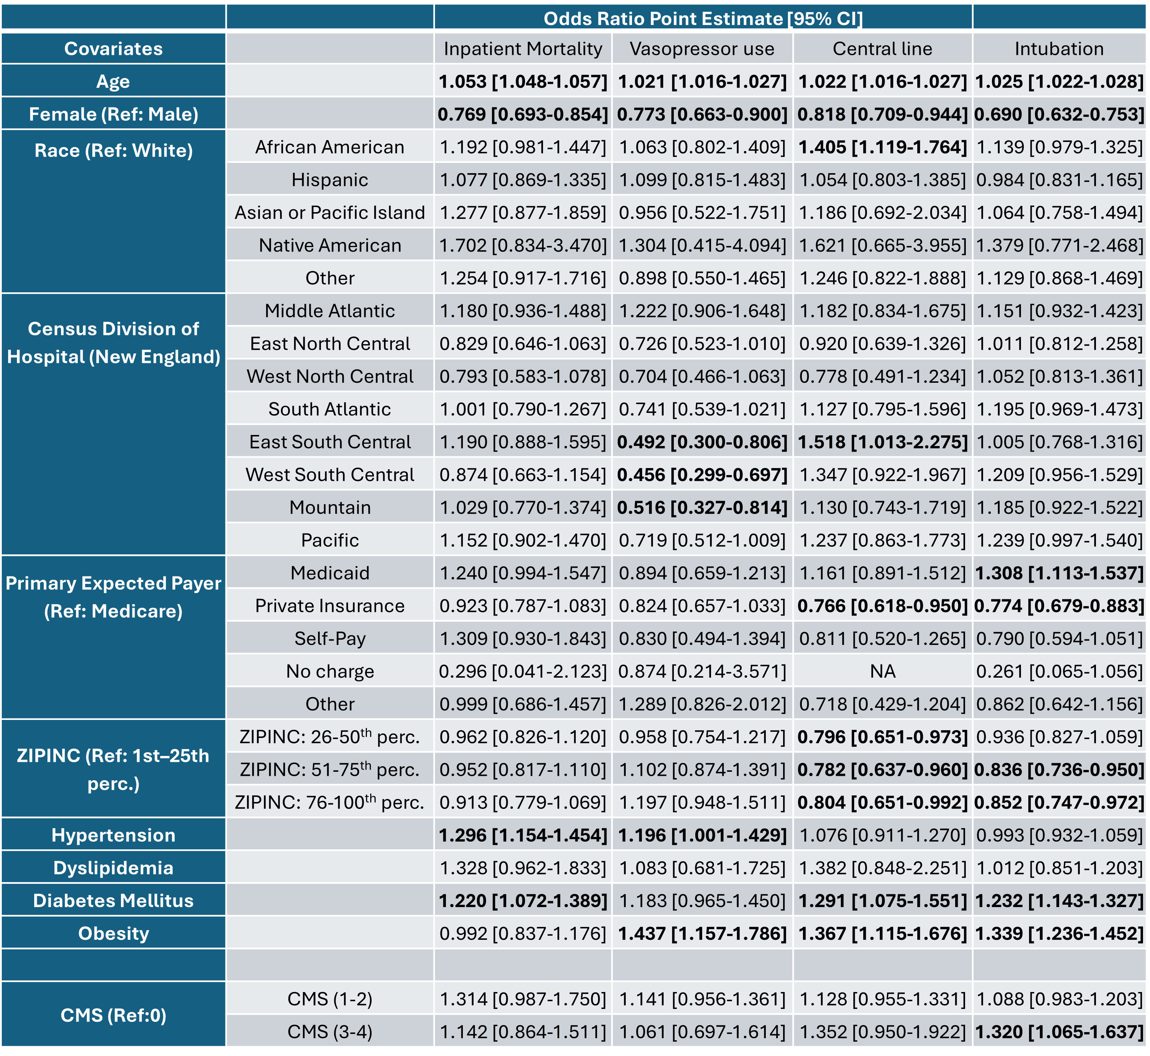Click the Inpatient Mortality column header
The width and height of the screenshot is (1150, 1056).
click(x=523, y=49)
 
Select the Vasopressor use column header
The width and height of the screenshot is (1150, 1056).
click(x=702, y=49)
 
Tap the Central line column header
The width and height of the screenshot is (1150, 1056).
click(x=883, y=49)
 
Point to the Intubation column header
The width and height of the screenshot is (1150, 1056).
click(x=1059, y=49)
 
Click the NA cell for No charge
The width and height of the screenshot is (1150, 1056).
click(x=883, y=671)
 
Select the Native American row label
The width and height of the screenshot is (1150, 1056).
click(x=330, y=246)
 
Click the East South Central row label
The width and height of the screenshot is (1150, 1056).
click(x=330, y=442)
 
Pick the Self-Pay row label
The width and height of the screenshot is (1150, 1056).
click(x=330, y=639)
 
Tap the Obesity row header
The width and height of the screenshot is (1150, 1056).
click(x=114, y=934)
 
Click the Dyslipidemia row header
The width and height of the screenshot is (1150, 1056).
click(x=114, y=868)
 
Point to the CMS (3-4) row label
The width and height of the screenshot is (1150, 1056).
click(x=330, y=1032)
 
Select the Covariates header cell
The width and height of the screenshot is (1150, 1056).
click(x=114, y=49)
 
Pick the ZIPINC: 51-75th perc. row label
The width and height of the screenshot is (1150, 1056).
click(x=330, y=769)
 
